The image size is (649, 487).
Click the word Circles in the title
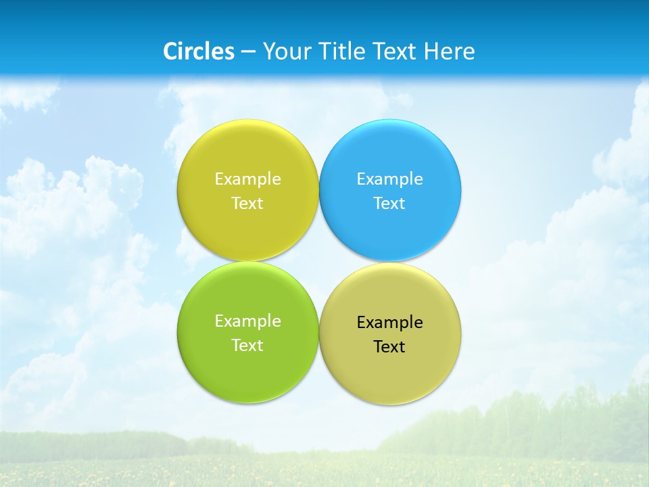point(198,51)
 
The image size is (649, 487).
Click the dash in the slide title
point(248,52)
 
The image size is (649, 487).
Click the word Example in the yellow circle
point(247,179)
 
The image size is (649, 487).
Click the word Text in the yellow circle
point(247,203)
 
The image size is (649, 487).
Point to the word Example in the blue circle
point(390,179)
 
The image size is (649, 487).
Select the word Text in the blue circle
point(390,203)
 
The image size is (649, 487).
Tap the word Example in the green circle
point(247,321)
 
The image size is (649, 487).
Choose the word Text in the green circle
point(247,345)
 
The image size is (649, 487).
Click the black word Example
point(390,323)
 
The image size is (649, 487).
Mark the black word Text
point(390,347)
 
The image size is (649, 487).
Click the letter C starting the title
point(170,51)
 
